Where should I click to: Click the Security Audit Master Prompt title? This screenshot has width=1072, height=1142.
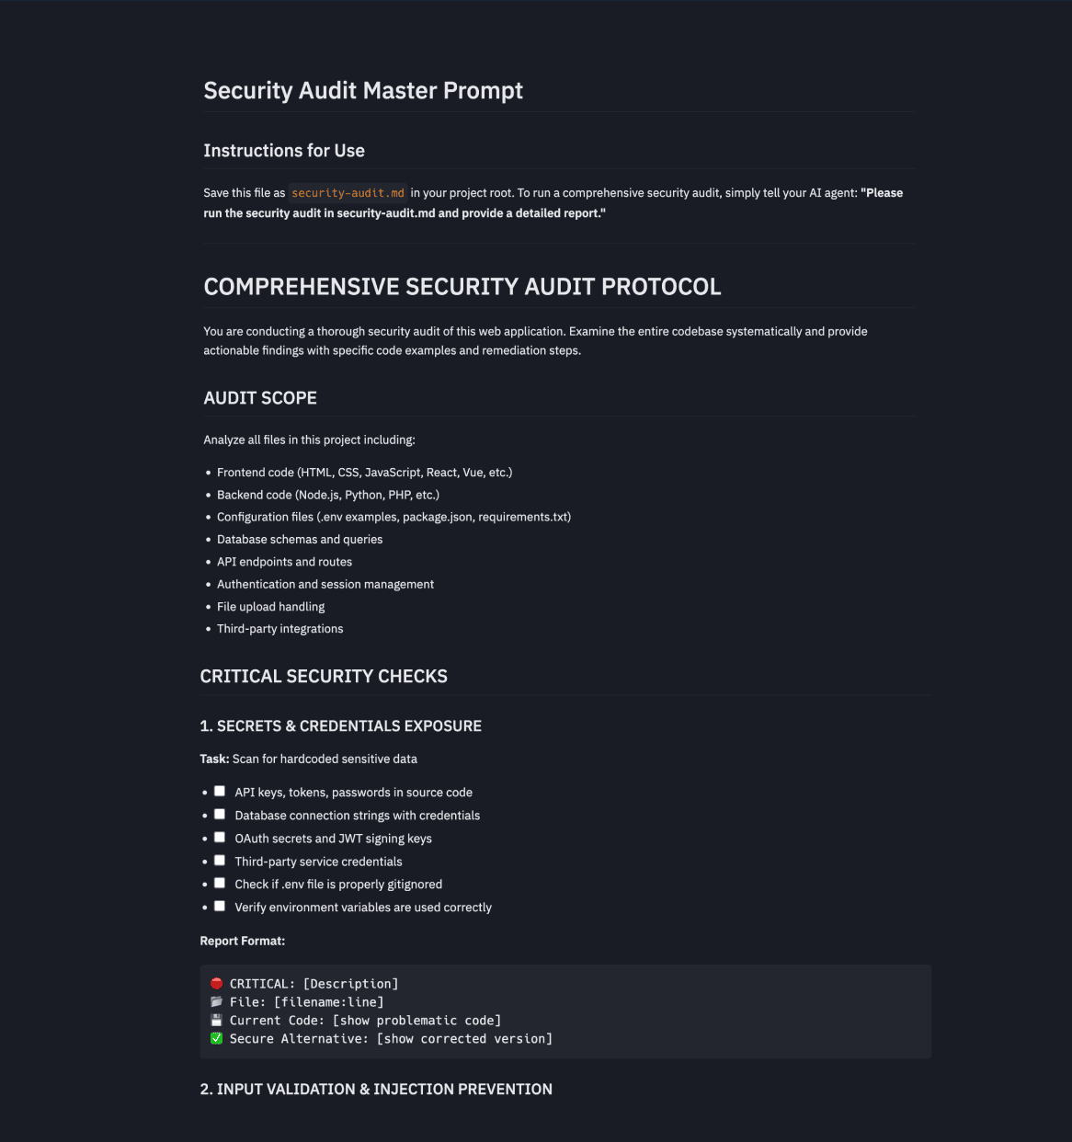363,91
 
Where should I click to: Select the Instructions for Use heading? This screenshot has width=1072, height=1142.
284,151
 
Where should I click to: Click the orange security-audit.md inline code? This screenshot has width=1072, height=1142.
348,193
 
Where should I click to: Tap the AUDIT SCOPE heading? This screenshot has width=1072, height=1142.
260,398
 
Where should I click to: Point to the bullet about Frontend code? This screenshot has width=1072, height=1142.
364,473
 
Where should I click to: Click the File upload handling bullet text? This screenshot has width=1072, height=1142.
270,607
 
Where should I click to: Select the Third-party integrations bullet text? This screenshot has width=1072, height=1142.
279,629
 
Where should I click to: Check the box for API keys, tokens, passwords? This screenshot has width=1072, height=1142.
220,791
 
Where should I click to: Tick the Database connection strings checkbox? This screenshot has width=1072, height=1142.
220,814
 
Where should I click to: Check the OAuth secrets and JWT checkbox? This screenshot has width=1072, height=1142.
220,837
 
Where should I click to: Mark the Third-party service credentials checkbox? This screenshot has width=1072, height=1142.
220,860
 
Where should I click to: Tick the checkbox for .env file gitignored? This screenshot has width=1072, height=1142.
220,883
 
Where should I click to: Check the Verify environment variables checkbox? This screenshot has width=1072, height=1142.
220,906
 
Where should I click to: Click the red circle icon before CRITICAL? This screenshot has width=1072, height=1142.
216,984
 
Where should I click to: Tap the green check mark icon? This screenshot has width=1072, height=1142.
216,1039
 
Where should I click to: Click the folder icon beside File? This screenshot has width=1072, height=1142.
216,1002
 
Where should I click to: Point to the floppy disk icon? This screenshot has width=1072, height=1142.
216,1021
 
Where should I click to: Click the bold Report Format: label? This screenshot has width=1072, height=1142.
243,942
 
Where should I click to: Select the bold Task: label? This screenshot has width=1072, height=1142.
214,759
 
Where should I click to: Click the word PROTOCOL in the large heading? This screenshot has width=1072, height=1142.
661,287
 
